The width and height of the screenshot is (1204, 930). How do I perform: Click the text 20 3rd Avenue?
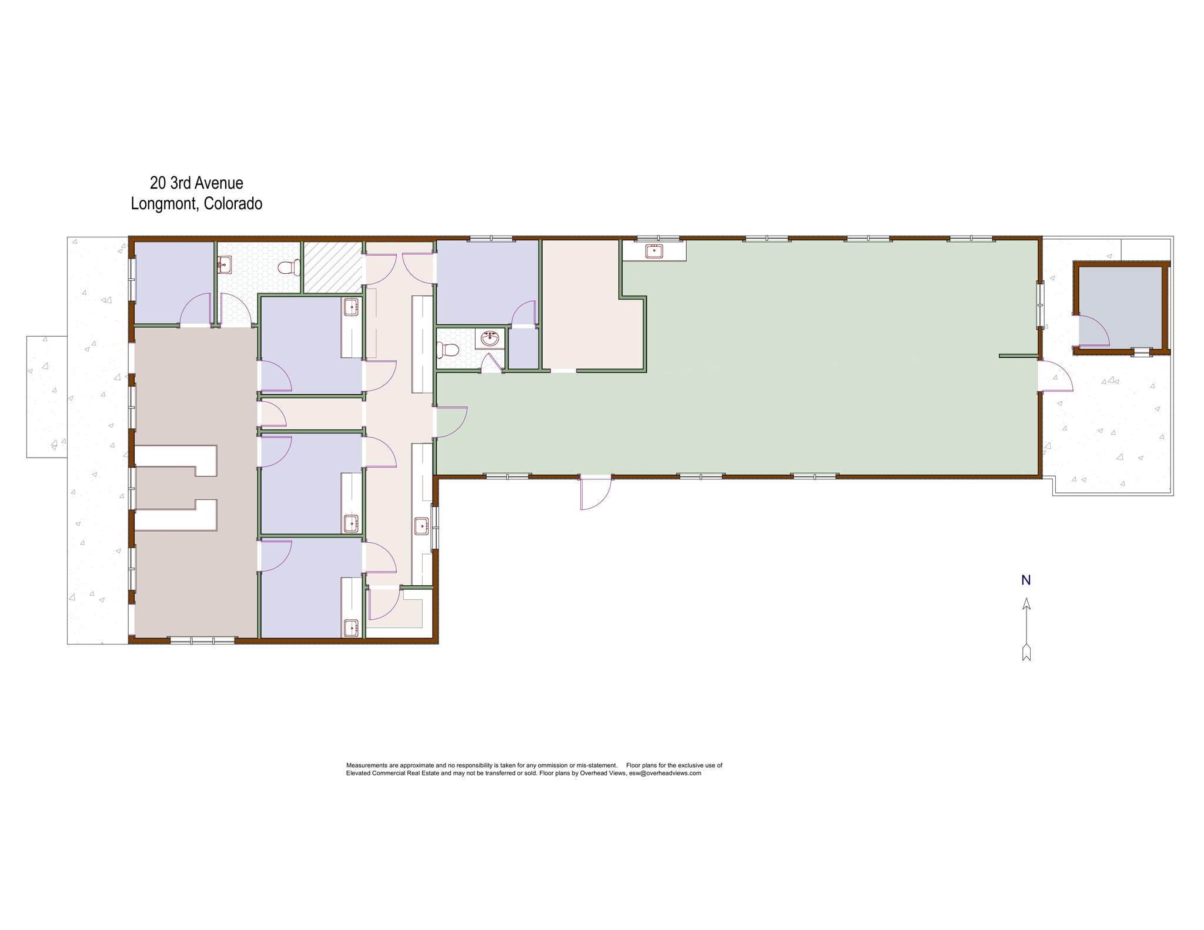click(x=196, y=183)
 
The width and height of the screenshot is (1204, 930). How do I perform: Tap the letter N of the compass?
click(x=1026, y=580)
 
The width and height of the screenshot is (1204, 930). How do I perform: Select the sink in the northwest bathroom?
click(x=224, y=266)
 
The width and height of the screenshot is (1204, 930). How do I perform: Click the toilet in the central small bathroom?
click(x=449, y=350)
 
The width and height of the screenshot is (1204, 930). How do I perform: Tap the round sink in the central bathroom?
click(x=490, y=339)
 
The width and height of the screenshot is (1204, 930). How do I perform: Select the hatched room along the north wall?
click(x=332, y=267)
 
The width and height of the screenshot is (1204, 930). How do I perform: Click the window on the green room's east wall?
click(x=1040, y=304)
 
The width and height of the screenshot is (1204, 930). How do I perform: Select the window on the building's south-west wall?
click(x=202, y=640)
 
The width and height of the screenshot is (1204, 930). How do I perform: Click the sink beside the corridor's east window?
click(x=422, y=525)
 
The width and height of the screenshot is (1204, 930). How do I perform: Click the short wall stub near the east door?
click(x=1018, y=355)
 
